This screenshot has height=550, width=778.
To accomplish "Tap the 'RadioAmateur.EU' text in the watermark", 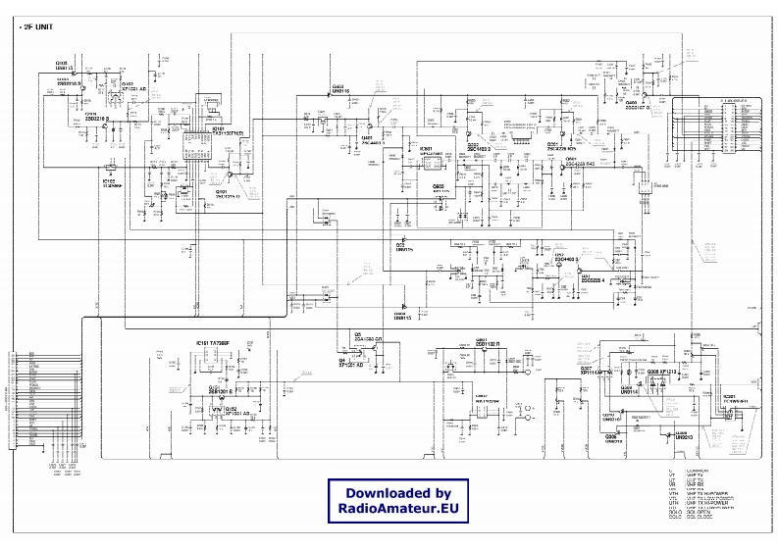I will [397, 510].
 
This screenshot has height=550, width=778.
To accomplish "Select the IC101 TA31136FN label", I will [232, 130].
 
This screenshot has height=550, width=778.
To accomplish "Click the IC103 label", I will [109, 181].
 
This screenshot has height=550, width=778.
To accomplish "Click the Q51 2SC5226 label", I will [596, 279].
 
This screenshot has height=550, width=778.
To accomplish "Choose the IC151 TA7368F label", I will [213, 342].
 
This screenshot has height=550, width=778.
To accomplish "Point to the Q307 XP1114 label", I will [595, 372].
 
